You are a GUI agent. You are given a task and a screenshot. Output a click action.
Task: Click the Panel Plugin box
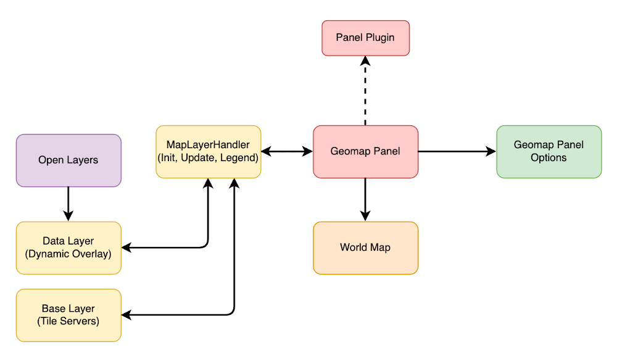coord(365,38)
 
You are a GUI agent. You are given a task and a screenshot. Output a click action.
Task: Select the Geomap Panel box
coord(365,151)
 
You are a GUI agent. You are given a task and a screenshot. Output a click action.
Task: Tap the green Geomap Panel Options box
coord(549,151)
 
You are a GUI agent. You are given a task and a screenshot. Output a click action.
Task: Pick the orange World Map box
coord(365,248)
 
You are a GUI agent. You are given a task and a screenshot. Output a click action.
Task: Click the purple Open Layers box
coord(68,161)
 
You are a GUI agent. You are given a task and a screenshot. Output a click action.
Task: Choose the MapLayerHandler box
coord(209,151)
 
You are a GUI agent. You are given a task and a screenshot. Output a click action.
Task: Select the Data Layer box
coord(68,247)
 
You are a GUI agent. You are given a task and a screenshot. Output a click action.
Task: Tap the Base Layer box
coord(68,315)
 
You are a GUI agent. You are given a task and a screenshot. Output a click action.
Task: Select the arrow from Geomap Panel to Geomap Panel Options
coord(457,151)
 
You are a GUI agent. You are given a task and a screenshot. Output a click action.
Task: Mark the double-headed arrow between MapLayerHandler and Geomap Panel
coord(287,151)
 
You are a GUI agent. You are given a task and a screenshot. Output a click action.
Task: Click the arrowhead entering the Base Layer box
coord(126,316)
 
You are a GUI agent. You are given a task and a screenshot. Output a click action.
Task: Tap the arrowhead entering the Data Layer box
coord(126,248)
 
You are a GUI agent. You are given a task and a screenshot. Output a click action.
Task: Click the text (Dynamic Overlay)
coord(68,253)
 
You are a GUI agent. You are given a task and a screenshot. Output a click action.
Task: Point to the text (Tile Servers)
coord(68,321)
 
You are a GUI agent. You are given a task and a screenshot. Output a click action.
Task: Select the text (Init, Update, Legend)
coord(209,157)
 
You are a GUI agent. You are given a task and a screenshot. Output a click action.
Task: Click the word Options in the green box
coord(549,157)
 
